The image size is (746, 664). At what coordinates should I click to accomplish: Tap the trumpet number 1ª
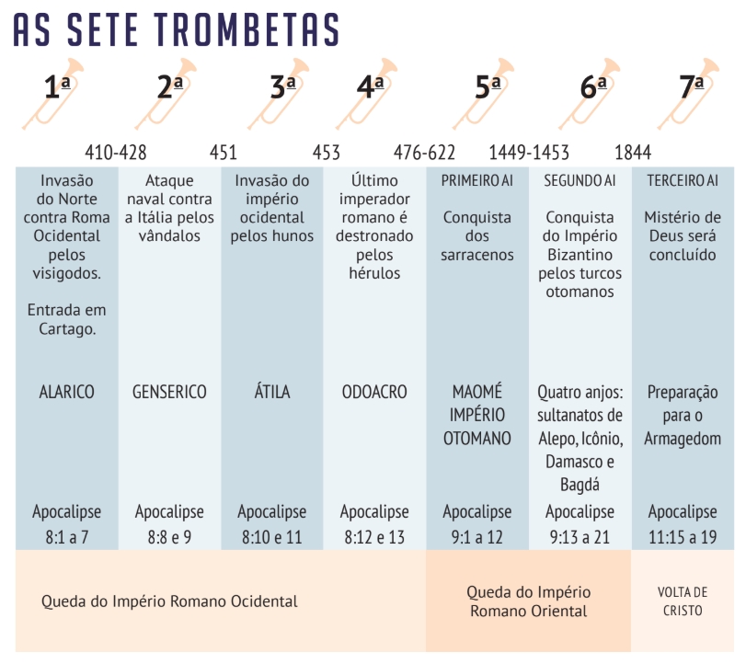[58, 87]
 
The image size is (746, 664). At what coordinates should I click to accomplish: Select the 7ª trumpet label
[692, 87]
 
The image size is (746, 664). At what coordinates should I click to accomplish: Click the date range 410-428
[116, 152]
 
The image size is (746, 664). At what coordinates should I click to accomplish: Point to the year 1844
[633, 152]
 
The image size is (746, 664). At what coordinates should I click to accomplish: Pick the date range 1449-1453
[529, 152]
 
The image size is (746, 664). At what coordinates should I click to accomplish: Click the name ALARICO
[66, 393]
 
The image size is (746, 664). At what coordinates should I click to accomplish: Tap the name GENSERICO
[170, 393]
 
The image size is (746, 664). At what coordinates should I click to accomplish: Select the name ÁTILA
[271, 393]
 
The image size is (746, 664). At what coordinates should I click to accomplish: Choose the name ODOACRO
[374, 393]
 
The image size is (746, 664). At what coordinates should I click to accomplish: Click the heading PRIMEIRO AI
[476, 181]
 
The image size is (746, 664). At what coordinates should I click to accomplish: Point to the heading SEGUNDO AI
[580, 181]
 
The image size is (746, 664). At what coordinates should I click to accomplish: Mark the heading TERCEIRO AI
[683, 181]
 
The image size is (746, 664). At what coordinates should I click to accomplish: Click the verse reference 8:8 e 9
[170, 537]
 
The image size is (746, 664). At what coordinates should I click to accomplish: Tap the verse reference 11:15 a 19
[683, 537]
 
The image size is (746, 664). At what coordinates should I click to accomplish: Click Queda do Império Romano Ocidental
[169, 601]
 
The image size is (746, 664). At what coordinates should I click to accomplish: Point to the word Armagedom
[683, 439]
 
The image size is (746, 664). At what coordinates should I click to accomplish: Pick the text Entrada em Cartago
[66, 319]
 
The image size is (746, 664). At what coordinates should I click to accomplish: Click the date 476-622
[424, 152]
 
